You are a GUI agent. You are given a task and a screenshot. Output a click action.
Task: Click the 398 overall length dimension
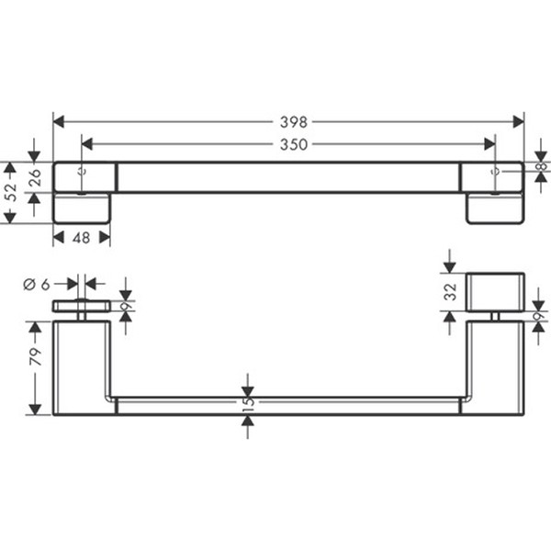(292, 121)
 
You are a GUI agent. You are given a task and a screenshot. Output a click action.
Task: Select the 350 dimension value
(294, 143)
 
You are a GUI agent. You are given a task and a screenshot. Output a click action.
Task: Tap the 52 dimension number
(12, 192)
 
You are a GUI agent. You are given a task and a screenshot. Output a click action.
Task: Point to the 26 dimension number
(36, 178)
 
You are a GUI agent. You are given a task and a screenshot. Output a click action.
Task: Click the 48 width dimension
(81, 237)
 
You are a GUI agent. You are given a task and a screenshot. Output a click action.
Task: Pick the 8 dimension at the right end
(541, 167)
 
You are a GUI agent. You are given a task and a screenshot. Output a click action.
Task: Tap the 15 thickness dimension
(248, 403)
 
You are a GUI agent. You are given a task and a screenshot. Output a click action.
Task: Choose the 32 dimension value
(449, 291)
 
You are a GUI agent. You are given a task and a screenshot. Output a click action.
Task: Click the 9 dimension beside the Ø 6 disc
(126, 306)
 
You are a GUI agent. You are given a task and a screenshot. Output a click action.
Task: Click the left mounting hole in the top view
(83, 171)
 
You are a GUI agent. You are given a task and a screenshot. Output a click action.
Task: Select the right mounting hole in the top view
(496, 171)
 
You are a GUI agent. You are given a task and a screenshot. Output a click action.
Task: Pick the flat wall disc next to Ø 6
(81, 306)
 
